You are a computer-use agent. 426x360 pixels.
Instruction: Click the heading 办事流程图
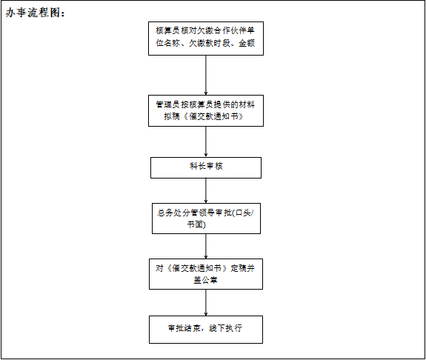[x=36, y=13]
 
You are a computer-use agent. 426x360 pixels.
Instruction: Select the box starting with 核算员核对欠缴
[x=206, y=39]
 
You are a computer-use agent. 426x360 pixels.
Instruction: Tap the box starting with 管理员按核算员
[x=206, y=110]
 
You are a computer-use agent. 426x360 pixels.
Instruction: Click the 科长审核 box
[x=206, y=167]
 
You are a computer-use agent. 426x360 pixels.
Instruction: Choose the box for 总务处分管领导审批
[x=206, y=219]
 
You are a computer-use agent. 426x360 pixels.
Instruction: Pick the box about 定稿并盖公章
[x=206, y=274]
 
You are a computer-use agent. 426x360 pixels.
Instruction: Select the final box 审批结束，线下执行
[x=206, y=330]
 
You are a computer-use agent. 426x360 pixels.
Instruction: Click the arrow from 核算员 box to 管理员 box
[x=206, y=76]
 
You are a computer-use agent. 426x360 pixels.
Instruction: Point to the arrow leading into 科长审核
[x=206, y=141]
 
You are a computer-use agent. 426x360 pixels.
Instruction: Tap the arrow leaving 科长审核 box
[x=206, y=190]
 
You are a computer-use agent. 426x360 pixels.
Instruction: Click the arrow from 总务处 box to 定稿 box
[x=206, y=247]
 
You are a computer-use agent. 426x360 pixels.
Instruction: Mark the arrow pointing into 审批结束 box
[x=206, y=303]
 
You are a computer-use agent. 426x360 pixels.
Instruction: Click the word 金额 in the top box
[x=247, y=43]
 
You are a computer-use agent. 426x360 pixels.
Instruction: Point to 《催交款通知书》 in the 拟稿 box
[x=213, y=116]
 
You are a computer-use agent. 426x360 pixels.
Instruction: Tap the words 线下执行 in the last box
[x=225, y=328]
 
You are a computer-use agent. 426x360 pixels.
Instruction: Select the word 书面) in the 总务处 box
[x=196, y=224]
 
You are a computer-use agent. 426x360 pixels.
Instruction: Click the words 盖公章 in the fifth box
[x=205, y=280]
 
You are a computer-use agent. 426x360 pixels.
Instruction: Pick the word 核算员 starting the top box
[x=167, y=30]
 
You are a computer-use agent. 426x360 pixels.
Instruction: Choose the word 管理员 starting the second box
[x=167, y=104]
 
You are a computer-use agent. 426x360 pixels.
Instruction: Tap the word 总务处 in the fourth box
[x=169, y=213]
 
